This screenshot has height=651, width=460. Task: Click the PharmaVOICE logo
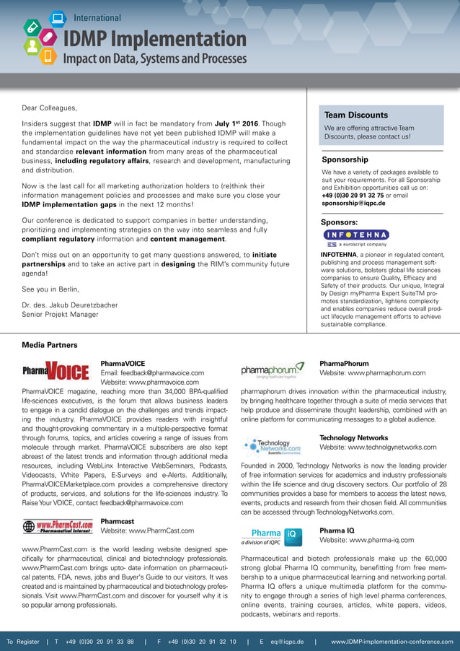point(56,372)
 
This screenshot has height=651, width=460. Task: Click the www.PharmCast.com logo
point(58,526)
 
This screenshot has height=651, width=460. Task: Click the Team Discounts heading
point(356,115)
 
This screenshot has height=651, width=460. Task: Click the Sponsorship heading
point(345,160)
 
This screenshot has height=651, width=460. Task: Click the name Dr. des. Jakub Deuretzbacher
point(69,305)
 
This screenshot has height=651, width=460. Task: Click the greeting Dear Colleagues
point(49,108)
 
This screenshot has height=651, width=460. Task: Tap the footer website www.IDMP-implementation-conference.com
point(392,641)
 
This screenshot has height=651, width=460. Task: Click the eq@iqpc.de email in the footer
point(286,641)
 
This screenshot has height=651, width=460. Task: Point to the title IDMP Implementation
point(155,39)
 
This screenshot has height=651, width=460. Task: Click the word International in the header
point(97,17)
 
